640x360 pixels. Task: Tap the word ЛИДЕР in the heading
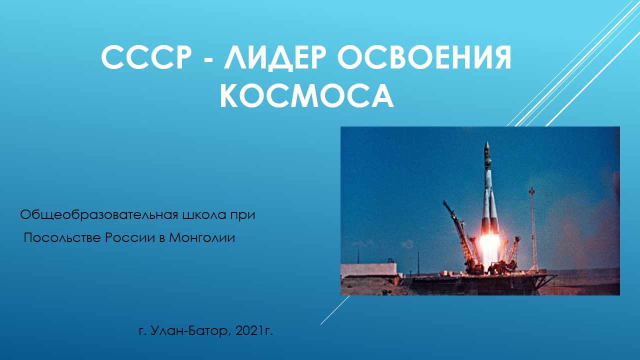click(275, 57)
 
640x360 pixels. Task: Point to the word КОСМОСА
click(307, 95)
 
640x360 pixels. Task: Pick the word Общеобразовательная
click(99, 215)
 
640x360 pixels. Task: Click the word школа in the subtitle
click(205, 215)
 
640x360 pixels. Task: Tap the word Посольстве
click(62, 237)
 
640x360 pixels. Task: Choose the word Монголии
click(202, 237)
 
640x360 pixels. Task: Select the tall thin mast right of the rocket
click(533, 229)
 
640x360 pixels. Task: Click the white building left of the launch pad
click(368, 270)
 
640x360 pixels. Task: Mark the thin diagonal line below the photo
click(335, 310)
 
